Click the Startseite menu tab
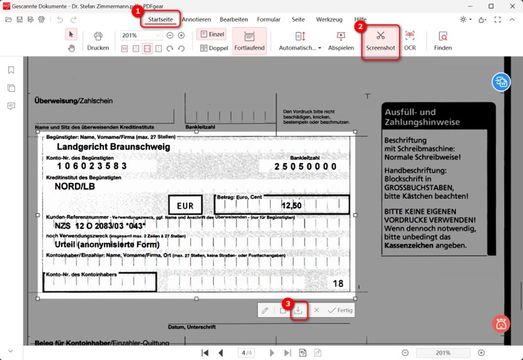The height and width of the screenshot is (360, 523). coord(160,20)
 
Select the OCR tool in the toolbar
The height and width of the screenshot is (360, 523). coord(410,40)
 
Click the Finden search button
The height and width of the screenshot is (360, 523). coord(442,40)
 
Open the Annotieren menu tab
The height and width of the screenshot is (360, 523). coord(196,20)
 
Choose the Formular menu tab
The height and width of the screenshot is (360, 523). coord(269,20)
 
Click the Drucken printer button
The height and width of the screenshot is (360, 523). coord(98,40)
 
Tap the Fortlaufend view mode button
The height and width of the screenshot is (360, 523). coord(249,40)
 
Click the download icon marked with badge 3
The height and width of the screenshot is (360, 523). coord(299,310)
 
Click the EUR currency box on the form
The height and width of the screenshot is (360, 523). coord(185,205)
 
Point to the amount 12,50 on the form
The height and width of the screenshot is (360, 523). coord(291,205)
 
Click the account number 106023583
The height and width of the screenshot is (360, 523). coord(92,166)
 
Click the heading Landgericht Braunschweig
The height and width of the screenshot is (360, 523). coord(113,147)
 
